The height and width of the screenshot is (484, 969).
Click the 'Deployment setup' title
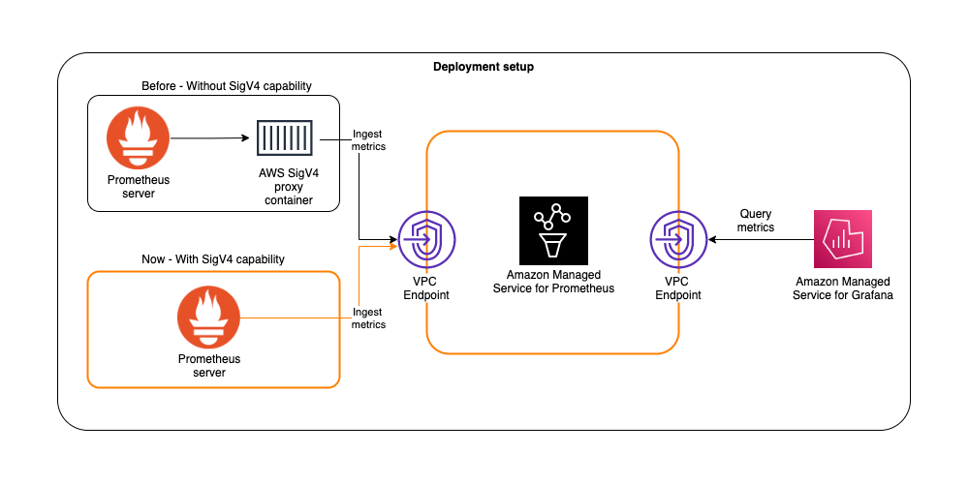coord(483,67)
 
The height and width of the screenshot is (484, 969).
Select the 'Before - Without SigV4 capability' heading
coord(213,86)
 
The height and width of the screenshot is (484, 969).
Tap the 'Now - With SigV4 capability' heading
coord(213,259)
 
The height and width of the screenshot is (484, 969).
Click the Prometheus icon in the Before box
coord(138,137)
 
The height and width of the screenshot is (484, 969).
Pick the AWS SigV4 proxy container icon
coord(285,138)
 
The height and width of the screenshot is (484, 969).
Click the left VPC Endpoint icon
coord(426,238)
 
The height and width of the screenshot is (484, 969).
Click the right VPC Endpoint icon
coord(678,238)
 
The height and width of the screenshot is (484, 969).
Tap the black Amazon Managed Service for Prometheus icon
coord(553,230)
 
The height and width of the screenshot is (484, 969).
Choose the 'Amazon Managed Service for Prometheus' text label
coord(553,282)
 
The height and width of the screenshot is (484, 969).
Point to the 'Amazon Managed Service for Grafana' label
coord(842,288)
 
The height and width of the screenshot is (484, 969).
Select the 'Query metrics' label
coord(756,220)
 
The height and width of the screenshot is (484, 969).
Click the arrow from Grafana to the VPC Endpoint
coord(762,238)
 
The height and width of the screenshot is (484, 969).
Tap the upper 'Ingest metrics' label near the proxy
coord(368,139)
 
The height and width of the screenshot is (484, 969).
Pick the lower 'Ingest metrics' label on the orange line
coord(368,318)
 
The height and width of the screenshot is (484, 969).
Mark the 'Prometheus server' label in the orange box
coord(209,366)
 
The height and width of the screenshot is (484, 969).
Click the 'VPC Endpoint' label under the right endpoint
coord(678,288)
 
